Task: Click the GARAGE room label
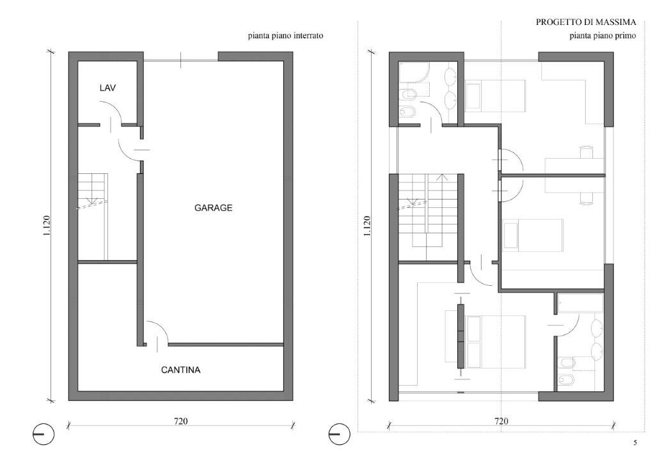[213, 207]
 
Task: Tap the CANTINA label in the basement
[180, 370]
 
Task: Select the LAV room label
[107, 88]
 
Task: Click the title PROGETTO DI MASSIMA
[586, 22]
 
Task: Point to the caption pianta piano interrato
[285, 35]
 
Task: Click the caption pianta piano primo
[603, 35]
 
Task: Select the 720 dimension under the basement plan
[180, 421]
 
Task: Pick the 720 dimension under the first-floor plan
[501, 421]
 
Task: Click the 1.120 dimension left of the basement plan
[46, 226]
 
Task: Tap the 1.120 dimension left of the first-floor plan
[367, 226]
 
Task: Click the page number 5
[635, 443]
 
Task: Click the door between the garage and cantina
[157, 333]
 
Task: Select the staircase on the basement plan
[93, 216]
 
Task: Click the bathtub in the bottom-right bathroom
[581, 304]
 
